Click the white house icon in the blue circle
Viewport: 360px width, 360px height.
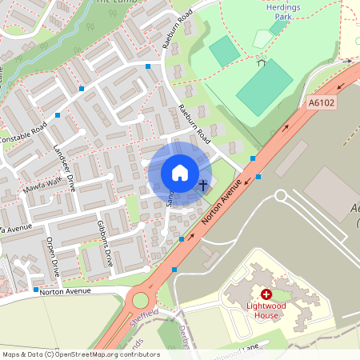(179, 173)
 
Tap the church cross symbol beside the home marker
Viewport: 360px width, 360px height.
(203, 186)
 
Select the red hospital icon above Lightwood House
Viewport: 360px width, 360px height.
(266, 295)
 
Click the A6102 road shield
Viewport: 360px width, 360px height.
(321, 102)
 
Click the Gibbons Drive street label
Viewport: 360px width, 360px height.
(105, 243)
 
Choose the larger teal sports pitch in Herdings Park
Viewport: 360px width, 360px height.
(265, 87)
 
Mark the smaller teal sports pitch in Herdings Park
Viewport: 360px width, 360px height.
(224, 51)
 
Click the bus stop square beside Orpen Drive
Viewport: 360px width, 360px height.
(36, 289)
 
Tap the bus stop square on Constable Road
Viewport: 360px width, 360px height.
(58, 115)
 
